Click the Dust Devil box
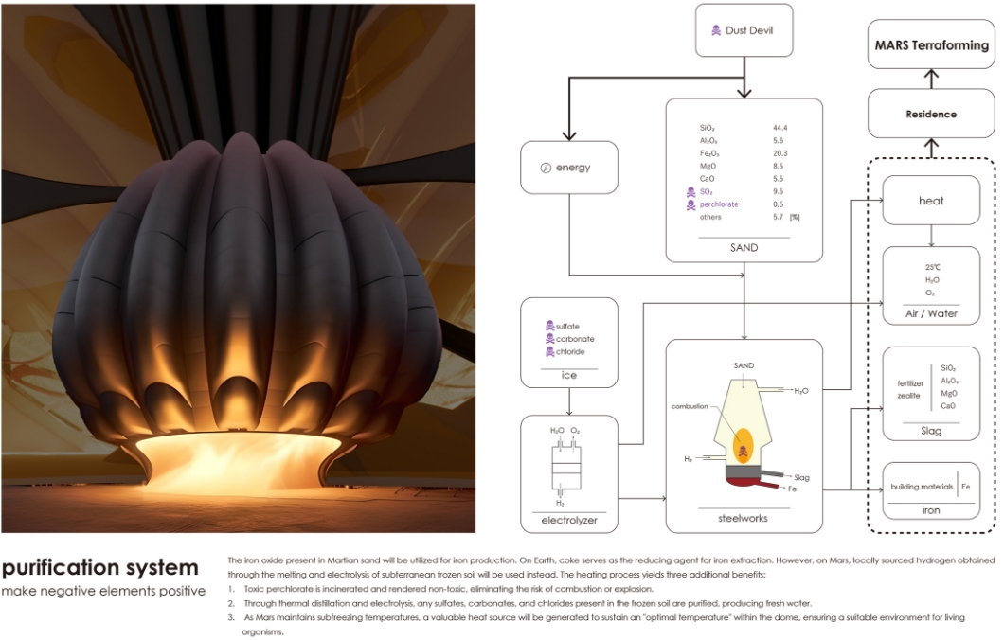743,31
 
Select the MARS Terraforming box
930,45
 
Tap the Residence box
930,114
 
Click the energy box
568,168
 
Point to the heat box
930,200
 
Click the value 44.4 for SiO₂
780,127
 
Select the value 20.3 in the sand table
780,152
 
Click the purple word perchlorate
719,204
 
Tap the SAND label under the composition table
744,248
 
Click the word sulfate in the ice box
568,326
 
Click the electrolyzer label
568,521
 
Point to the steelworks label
744,519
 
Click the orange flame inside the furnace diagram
744,442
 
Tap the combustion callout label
690,405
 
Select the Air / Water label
930,311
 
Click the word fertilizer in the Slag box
910,382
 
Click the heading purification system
100,568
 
